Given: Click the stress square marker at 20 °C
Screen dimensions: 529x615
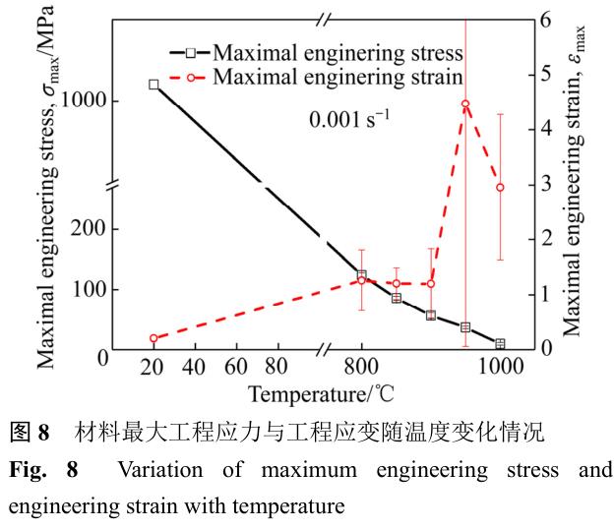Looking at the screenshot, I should [154, 85].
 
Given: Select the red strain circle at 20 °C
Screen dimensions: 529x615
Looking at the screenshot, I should [154, 338].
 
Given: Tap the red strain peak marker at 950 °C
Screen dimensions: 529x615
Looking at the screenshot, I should [465, 104].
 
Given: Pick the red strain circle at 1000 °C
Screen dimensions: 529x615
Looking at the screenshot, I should [500, 187].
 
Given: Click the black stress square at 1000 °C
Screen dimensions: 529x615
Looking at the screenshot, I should [500, 344].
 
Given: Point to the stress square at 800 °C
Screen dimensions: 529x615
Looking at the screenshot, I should [361, 275].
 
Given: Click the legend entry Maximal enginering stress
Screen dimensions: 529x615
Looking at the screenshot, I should [325, 51].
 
